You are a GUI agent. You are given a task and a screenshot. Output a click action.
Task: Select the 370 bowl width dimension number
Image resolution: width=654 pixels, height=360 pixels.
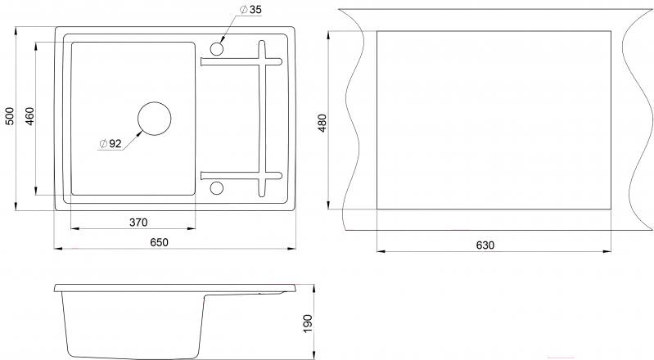pyautogui.click(x=138, y=221)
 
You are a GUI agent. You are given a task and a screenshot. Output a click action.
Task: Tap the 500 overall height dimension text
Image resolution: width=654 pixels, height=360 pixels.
pyautogui.click(x=11, y=117)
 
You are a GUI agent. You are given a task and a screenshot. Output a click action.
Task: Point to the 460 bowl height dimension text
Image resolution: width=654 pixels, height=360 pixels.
pyautogui.click(x=30, y=117)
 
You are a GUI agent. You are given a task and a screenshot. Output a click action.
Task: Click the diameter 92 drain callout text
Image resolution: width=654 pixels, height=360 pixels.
pyautogui.click(x=110, y=144)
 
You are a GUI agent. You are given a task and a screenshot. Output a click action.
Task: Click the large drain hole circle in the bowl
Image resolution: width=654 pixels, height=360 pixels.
pyautogui.click(x=154, y=118)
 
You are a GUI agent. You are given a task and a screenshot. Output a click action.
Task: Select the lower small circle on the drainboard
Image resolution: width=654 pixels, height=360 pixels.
pyautogui.click(x=217, y=188)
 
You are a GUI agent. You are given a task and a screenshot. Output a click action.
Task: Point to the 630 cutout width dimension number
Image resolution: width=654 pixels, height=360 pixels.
pyautogui.click(x=486, y=245)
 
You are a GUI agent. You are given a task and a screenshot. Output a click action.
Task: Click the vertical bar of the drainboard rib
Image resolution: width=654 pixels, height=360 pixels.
pyautogui.click(x=264, y=117)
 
